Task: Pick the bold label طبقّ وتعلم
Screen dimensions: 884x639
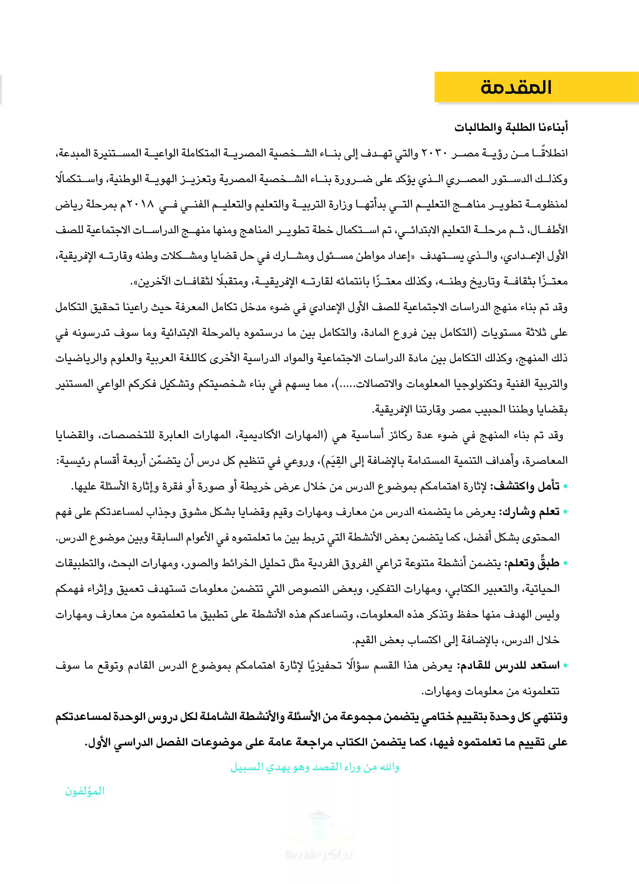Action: click(532, 563)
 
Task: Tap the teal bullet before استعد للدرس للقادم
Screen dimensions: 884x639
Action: click(565, 666)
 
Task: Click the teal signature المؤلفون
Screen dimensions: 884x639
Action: click(85, 791)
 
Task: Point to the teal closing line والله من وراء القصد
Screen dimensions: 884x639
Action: click(315, 767)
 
